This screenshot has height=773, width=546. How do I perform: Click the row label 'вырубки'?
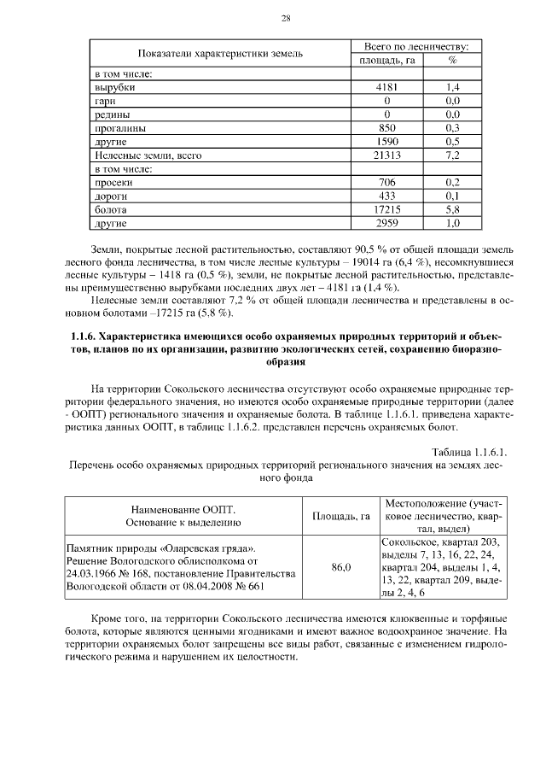[114, 87]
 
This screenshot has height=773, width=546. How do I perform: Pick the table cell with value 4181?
[387, 87]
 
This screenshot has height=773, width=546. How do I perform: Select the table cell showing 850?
[387, 128]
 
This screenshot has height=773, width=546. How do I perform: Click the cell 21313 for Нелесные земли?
[387, 155]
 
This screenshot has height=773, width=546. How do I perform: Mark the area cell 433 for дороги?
[387, 196]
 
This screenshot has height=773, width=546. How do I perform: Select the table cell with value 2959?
[387, 224]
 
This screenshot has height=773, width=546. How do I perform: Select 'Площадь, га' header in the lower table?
[340, 516]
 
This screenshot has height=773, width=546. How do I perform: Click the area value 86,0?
[340, 567]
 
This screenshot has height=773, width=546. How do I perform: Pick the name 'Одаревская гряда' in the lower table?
[201, 548]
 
